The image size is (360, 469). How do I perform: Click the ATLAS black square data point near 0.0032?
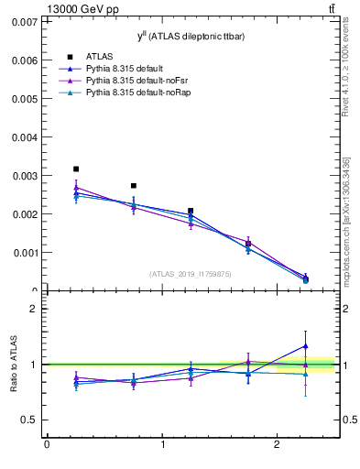point(76,169)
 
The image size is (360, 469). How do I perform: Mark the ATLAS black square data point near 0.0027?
point(134,186)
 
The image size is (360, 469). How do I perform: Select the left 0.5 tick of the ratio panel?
point(29,420)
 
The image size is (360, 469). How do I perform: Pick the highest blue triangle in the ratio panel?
point(306,346)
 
